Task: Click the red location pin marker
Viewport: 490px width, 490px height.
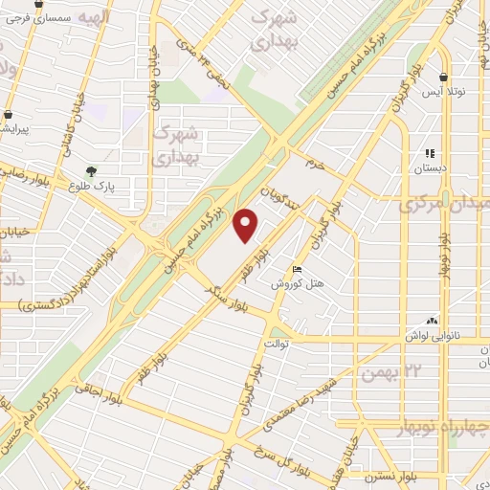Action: (x=247, y=226)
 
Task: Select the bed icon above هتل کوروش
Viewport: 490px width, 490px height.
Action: (x=297, y=269)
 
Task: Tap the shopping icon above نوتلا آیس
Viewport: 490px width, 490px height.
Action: (x=443, y=77)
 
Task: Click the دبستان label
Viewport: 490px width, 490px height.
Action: (x=430, y=168)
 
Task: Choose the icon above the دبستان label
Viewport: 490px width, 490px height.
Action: (x=430, y=153)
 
